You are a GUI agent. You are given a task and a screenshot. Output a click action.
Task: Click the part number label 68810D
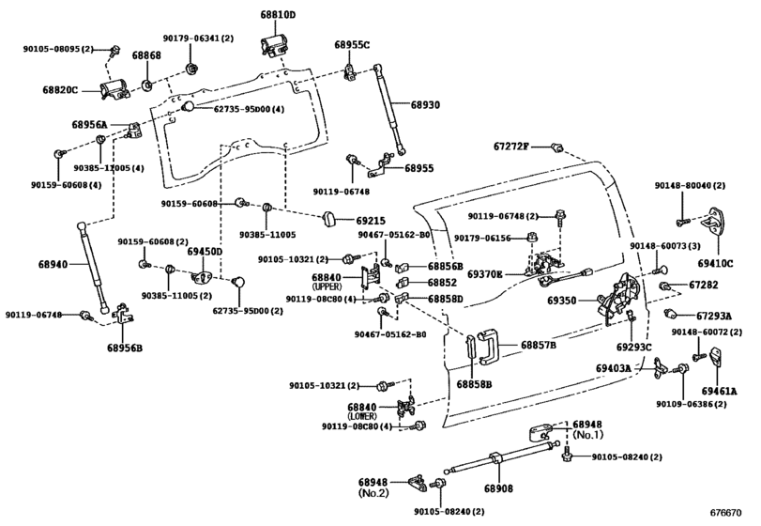[278, 15]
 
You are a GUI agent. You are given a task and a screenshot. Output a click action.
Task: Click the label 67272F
[512, 146]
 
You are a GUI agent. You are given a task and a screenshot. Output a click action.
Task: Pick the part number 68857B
[540, 346]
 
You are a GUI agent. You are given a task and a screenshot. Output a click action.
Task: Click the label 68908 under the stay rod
[499, 487]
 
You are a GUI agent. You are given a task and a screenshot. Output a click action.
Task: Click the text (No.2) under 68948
[374, 491]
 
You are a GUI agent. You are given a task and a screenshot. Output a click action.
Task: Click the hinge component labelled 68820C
[114, 91]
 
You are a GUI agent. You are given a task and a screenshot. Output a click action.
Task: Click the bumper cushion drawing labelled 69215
[330, 219]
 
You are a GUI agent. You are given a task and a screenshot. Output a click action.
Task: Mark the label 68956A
[89, 125]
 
